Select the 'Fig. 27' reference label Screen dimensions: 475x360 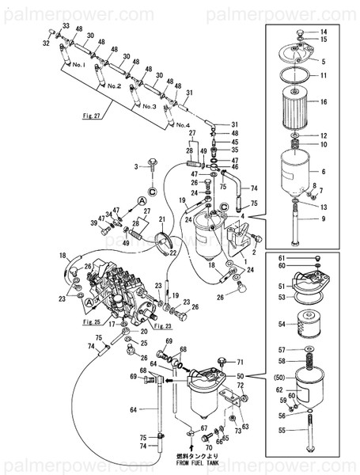[70, 116]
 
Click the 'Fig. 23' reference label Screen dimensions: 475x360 [163, 326]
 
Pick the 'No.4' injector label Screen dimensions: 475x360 [183, 125]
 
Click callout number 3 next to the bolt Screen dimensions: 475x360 [136, 165]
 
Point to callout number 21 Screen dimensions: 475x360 [161, 219]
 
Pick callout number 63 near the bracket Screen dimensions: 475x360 [245, 427]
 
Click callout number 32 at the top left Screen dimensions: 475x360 [46, 44]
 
